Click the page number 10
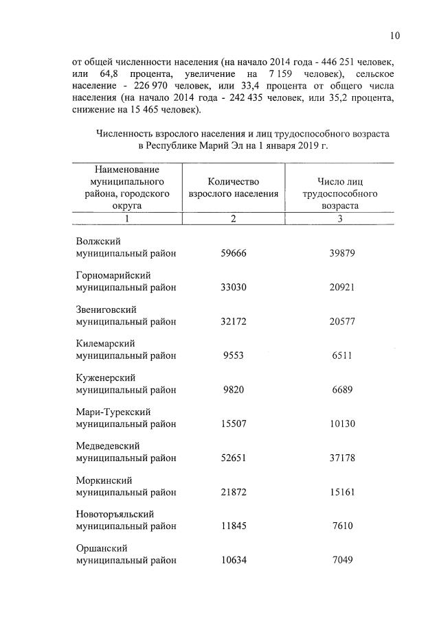[x=394, y=36]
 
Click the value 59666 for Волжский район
[x=233, y=253]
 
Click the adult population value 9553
[x=233, y=355]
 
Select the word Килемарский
[x=105, y=343]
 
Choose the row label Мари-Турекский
[x=113, y=412]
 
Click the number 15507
[x=233, y=424]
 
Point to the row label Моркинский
[x=104, y=480]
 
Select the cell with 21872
[x=233, y=493]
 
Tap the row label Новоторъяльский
[x=115, y=514]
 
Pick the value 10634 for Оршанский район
[x=233, y=561]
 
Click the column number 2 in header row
[x=234, y=218]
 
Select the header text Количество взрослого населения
[x=234, y=187]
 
